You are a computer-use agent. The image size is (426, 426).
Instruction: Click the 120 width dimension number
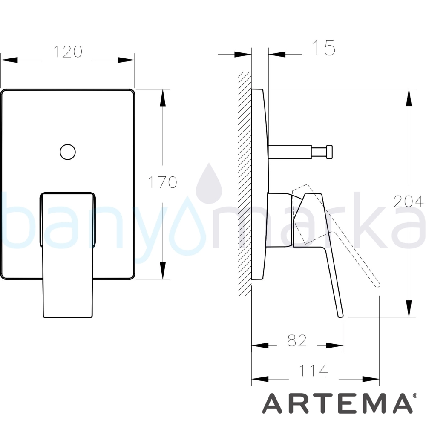pos(68,52)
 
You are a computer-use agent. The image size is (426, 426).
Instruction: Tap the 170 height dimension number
pos(163,182)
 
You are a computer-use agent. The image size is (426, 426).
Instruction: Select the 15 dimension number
pos(324,48)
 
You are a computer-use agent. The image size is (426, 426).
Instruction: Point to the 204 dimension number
pos(409,201)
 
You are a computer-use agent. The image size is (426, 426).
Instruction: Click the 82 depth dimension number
pos(297,341)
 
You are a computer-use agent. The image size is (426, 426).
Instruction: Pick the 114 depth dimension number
pos(313,371)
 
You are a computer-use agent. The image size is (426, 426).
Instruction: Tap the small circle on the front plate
pos(68,152)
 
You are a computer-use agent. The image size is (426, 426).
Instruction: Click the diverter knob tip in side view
pos(330,152)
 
